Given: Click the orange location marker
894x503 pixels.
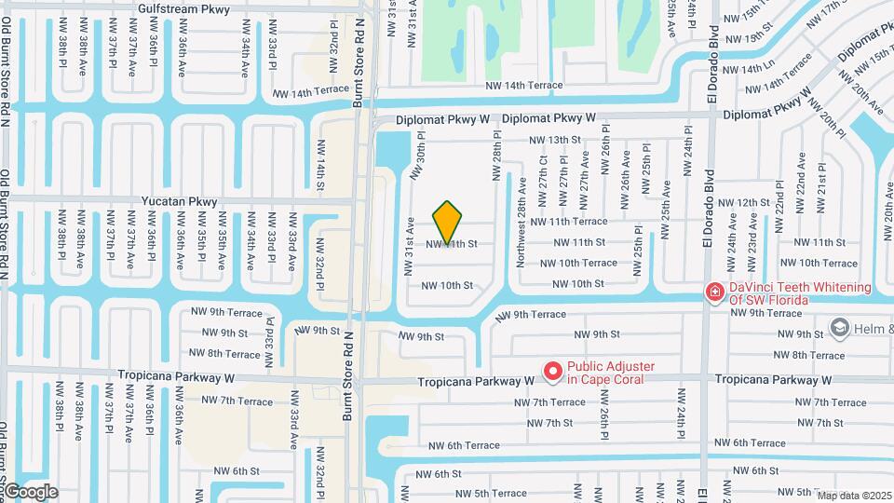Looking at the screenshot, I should [448, 223].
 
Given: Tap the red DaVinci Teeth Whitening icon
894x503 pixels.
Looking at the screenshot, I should [714, 292].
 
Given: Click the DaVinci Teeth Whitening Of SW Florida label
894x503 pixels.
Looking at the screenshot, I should [799, 292].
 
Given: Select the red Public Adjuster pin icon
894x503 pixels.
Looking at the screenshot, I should [552, 373].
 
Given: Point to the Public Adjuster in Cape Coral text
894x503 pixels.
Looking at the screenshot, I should [611, 373].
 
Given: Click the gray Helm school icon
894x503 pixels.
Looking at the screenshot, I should [840, 327].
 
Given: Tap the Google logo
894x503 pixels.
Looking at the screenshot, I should [30, 492].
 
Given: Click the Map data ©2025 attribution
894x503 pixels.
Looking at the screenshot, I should [854, 496].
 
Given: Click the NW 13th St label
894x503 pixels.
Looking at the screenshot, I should [555, 140].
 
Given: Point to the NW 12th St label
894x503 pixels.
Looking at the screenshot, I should [739, 202].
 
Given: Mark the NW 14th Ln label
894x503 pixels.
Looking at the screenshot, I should [742, 70].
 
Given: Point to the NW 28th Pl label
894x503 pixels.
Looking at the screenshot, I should [496, 156].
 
